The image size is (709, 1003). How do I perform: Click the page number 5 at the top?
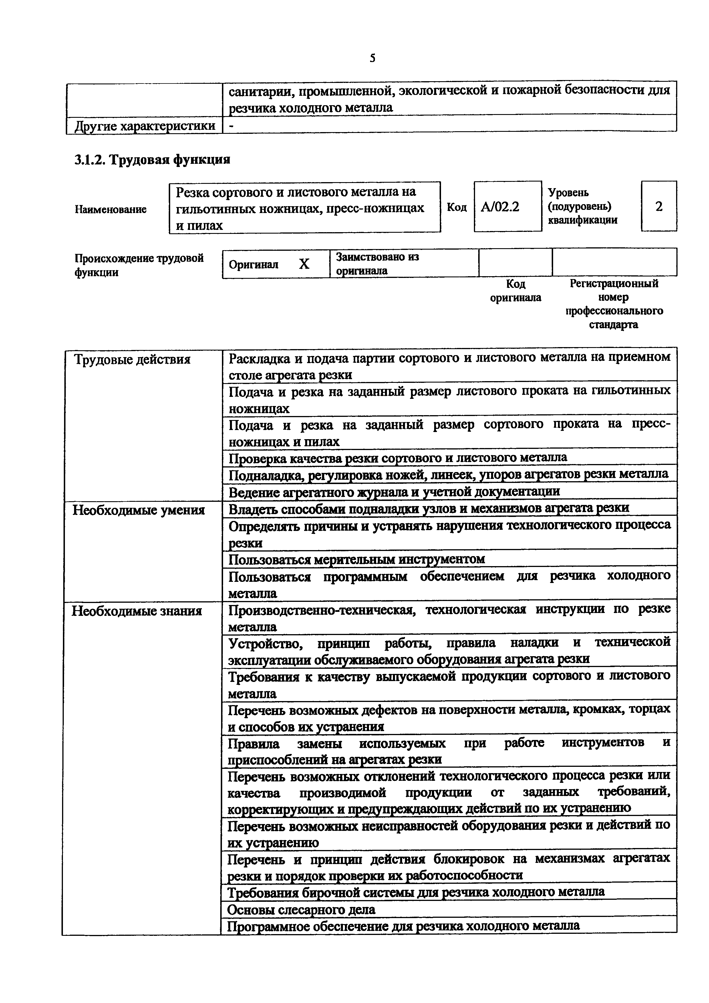click(x=372, y=58)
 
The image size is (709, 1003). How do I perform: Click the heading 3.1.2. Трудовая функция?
click(x=152, y=160)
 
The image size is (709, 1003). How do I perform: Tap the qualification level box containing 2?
click(x=658, y=206)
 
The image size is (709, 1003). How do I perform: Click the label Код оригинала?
click(x=515, y=291)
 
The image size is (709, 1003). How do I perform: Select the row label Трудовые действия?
click(x=132, y=359)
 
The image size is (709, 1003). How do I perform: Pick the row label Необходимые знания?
click(x=137, y=611)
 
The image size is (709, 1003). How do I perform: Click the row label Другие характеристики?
click(x=145, y=126)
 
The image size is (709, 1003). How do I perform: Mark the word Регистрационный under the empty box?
click(x=614, y=284)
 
